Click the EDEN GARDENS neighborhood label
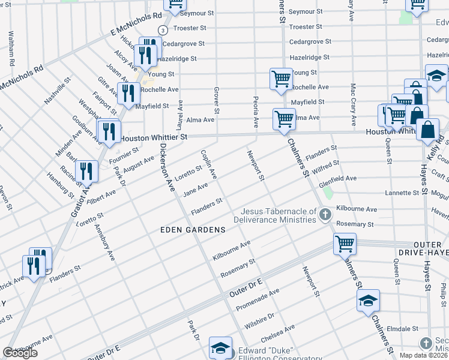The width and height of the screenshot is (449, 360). click(193, 230)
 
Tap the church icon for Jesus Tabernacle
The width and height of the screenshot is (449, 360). click(325, 215)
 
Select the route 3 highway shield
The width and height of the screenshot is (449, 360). click(162, 30)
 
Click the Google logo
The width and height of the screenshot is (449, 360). click(20, 353)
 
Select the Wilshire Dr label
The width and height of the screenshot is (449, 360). click(259, 316)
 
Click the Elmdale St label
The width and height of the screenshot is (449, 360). click(402, 329)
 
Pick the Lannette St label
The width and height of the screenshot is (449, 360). click(402, 193)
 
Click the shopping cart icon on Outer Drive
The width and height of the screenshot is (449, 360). click(345, 244)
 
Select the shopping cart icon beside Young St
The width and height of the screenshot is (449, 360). click(281, 79)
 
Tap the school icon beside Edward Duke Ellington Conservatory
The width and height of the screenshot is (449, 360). click(220, 347)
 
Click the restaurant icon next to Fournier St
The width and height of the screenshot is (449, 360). click(109, 131)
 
